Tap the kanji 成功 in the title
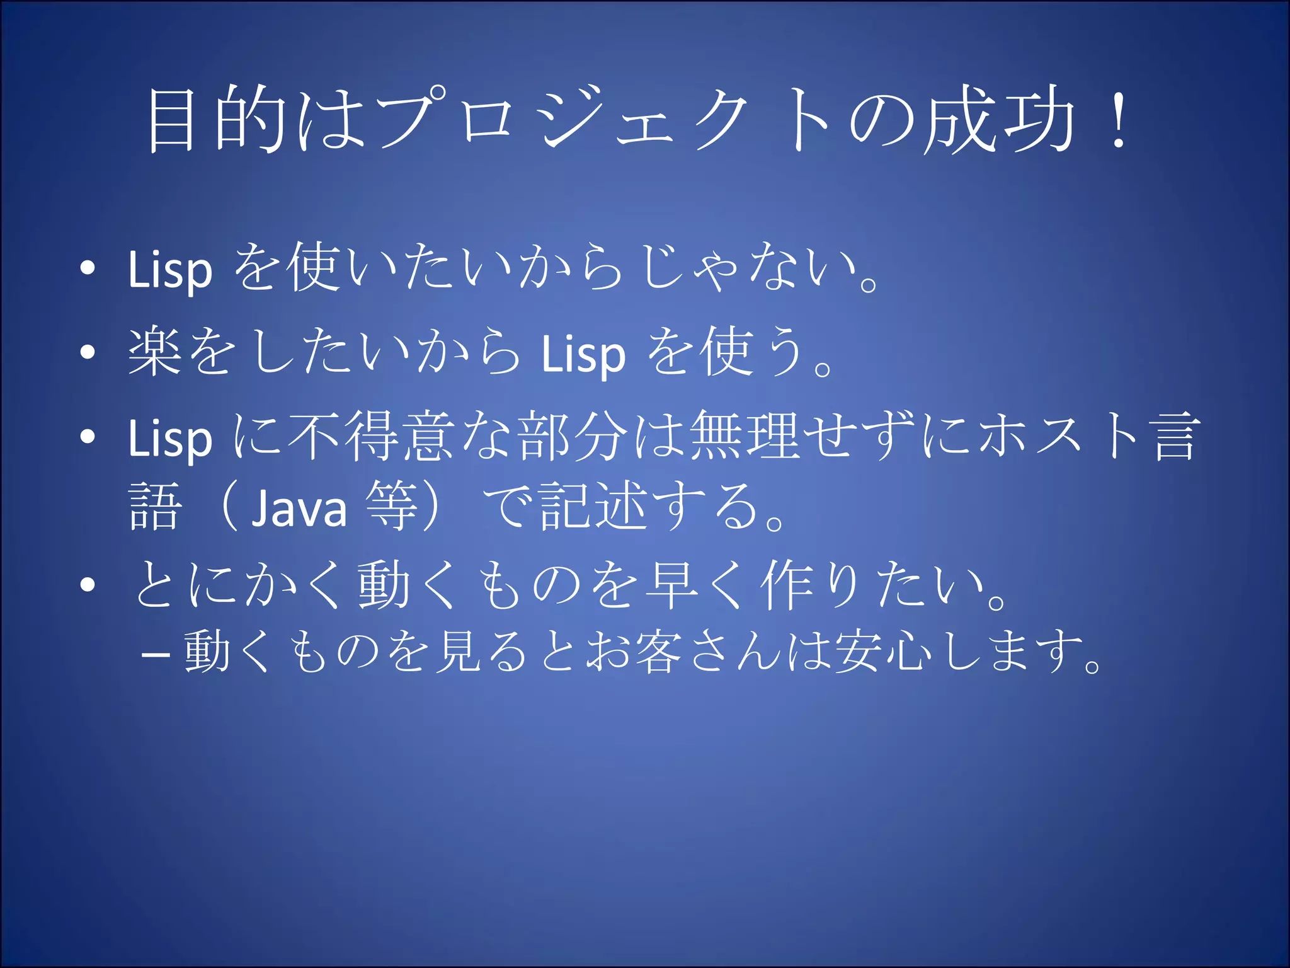tap(998, 120)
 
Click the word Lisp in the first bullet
tap(169, 270)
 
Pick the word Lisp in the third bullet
tap(169, 439)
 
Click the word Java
tap(299, 508)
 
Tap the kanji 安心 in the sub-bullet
tap(882, 651)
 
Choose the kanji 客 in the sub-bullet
tap(659, 651)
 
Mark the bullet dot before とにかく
tap(88, 585)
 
